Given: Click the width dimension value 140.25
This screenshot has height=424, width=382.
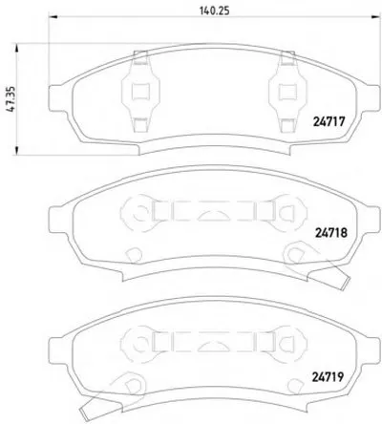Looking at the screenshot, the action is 214,11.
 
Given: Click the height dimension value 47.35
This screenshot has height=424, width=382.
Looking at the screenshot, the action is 11,98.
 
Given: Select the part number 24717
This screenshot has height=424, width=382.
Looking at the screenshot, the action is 329,121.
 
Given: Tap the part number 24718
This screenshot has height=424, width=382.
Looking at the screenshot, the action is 331,233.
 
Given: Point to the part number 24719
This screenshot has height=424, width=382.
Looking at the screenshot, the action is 328,377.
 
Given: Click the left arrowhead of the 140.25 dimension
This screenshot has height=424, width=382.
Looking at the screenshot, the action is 53,17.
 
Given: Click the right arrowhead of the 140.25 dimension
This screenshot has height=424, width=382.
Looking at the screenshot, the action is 376,17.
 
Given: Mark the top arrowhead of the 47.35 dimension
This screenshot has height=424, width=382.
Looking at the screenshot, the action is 16,48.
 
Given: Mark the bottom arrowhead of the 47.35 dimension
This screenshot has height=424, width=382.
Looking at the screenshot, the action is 16,151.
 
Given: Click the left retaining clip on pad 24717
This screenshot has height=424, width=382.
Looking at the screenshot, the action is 140,92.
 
